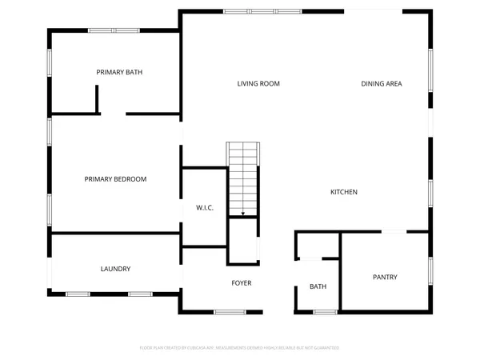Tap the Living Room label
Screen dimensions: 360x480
click(258, 83)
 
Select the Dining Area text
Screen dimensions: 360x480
click(382, 83)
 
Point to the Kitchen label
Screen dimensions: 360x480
click(344, 192)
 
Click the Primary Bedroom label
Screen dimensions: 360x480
click(115, 179)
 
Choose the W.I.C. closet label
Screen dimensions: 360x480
click(205, 208)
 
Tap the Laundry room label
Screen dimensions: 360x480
click(115, 269)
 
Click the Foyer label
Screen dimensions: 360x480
click(242, 283)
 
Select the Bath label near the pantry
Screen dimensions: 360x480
click(318, 286)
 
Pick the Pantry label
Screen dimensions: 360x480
click(385, 278)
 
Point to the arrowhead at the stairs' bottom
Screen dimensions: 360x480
click(243, 214)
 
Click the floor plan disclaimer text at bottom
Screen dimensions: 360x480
click(240, 348)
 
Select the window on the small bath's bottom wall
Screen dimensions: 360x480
click(323, 311)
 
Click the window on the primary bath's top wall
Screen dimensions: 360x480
click(114, 30)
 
